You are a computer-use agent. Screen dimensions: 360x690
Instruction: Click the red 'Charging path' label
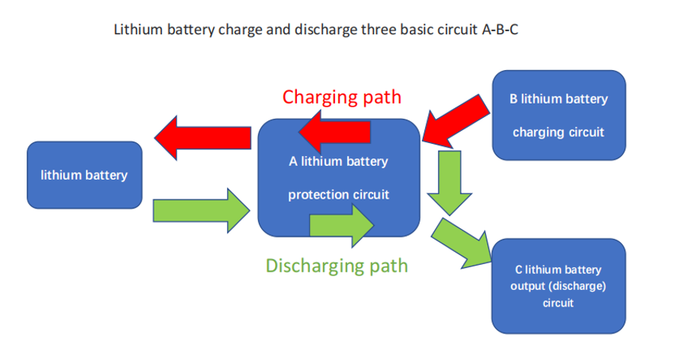pos(341,97)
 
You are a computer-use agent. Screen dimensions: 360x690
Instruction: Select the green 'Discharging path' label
pos(337,266)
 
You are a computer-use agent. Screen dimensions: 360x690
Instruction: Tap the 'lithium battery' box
pos(84,175)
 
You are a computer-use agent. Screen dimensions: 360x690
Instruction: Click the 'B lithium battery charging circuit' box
pos(559,116)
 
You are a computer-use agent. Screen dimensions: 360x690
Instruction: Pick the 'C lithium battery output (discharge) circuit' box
pos(559,285)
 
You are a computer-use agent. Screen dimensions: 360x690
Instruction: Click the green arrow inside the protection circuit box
pos(341,225)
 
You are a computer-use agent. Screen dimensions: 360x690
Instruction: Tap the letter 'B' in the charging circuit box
pos(514,100)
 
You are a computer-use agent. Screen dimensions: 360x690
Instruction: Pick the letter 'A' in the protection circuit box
pos(292,161)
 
